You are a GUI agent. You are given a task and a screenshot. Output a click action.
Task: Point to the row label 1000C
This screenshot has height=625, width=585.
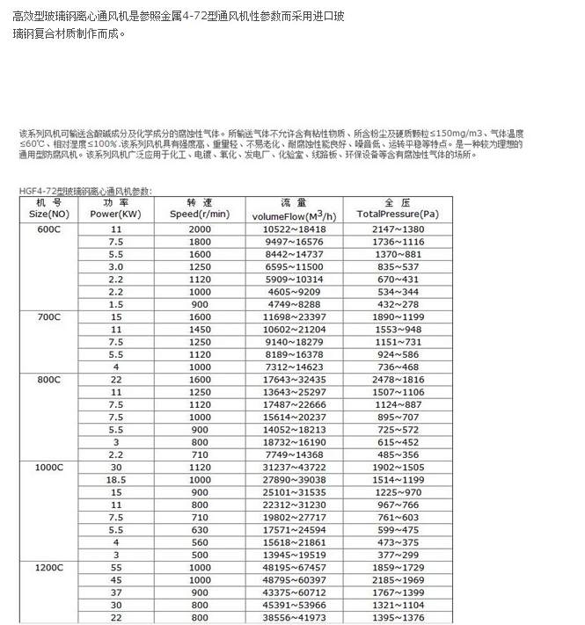coord(48,468)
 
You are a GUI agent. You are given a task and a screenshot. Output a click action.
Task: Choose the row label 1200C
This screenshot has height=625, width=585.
coord(48,568)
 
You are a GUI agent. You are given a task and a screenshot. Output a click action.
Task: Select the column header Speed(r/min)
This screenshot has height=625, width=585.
coord(200,214)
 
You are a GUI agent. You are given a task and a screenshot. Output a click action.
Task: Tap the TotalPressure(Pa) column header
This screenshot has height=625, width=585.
coord(398,214)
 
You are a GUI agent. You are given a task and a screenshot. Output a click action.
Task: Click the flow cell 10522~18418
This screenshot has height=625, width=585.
coord(295,229)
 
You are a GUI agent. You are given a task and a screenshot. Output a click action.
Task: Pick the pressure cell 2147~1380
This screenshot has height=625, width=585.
coord(398,229)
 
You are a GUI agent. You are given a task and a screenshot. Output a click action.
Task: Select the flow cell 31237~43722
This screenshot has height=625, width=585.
coord(295,468)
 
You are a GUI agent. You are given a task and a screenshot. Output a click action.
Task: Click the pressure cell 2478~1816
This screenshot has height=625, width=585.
coord(398,379)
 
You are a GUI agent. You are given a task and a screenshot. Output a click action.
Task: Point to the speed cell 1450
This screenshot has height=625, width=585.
coord(200,329)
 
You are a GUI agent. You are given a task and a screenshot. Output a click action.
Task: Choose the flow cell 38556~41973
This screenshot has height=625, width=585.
coord(295,618)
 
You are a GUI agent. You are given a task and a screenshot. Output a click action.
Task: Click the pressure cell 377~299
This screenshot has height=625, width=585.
coord(398,555)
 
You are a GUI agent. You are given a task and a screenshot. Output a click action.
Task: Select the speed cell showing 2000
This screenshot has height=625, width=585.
coord(200,229)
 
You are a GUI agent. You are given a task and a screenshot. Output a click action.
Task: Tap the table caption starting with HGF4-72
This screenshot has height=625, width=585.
coord(84,190)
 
